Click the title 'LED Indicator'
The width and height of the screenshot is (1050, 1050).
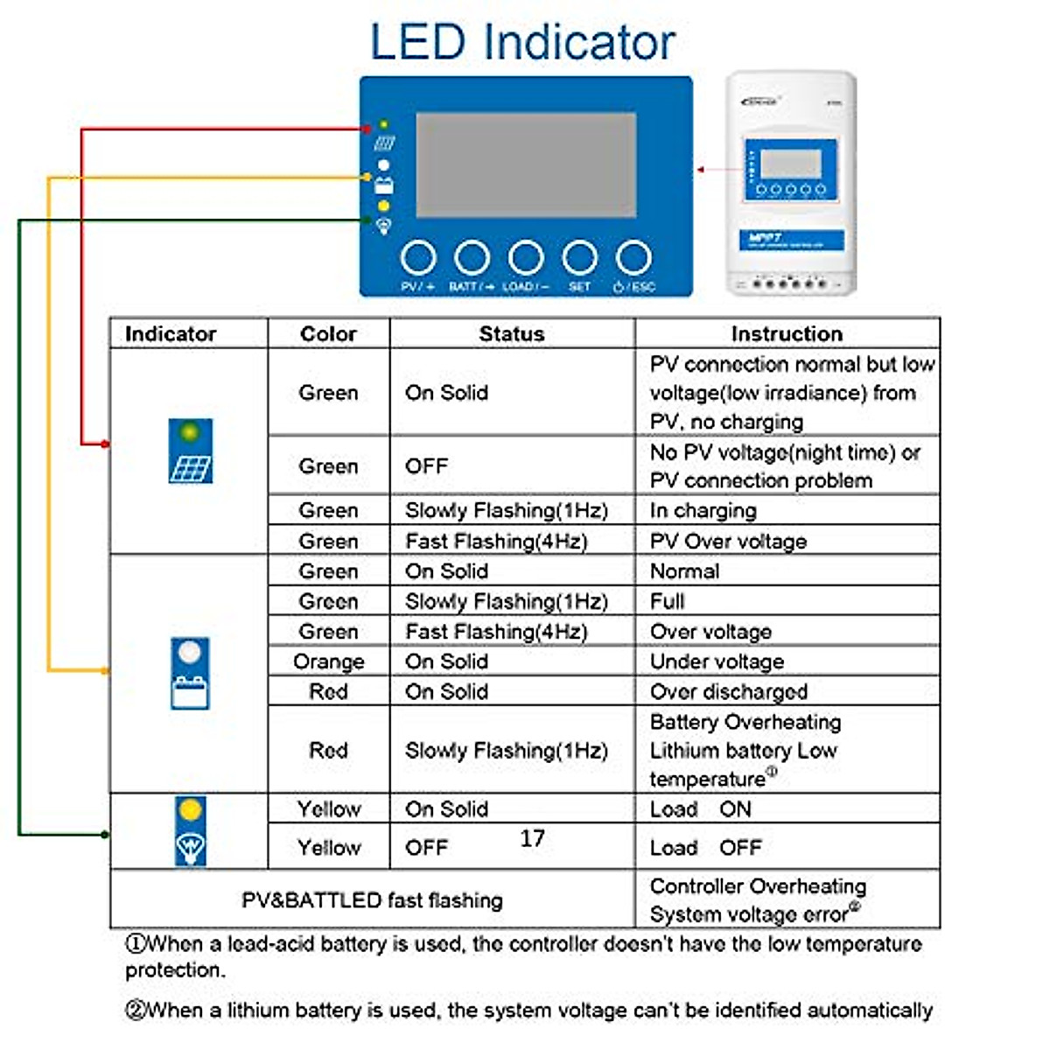(522, 42)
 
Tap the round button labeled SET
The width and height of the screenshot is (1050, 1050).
(579, 258)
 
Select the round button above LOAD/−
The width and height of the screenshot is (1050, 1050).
(526, 258)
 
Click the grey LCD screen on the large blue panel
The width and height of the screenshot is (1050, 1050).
(526, 164)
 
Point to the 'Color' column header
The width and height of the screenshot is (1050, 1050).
(328, 333)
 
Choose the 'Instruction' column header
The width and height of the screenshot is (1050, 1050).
(787, 333)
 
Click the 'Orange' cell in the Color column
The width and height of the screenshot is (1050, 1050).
(328, 661)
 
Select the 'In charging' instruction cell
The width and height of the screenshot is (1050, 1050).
(703, 510)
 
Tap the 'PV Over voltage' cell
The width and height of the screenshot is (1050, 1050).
(728, 541)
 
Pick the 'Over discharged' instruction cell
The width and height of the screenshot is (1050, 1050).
(728, 691)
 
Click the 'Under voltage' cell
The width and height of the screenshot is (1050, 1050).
(717, 661)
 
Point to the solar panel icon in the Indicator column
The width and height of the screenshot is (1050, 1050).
(190, 451)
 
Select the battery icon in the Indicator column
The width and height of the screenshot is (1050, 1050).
(190, 672)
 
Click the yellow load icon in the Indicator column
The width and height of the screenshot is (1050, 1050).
(190, 830)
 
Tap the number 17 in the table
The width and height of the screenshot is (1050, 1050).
(532, 838)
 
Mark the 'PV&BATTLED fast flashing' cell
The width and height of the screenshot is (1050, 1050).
(372, 899)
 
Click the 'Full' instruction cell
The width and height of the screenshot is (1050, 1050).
(668, 601)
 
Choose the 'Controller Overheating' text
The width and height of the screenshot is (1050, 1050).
(758, 885)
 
